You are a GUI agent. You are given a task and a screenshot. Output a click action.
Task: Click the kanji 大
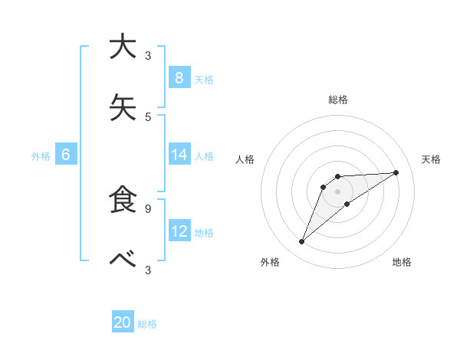coord(123,47)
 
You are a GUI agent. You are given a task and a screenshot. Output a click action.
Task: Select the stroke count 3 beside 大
coord(148,55)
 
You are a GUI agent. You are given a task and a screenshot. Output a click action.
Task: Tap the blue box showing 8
coord(179,77)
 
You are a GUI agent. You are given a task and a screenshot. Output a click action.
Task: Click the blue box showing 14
coord(179,155)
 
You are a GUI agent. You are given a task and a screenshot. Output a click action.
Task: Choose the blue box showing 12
coord(179,231)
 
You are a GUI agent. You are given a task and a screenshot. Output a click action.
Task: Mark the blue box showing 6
coord(66,155)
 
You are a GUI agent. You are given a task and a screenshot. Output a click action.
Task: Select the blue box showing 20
coord(123,322)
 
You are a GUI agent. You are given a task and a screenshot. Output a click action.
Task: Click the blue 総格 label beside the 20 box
coord(147,324)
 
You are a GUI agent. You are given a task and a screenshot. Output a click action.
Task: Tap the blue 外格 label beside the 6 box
coord(41,156)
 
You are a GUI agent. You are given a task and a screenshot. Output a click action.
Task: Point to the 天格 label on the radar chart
coord(431,159)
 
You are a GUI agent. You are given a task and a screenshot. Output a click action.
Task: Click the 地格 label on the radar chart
coord(402,262)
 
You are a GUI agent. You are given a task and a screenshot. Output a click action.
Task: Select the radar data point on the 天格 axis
coord(396,172)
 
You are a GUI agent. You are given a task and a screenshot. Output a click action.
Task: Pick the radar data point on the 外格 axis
coord(301,242)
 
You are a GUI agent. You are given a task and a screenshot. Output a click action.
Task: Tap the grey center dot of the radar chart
coord(337,191)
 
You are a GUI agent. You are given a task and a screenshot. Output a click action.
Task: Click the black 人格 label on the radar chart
coord(245,159)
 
